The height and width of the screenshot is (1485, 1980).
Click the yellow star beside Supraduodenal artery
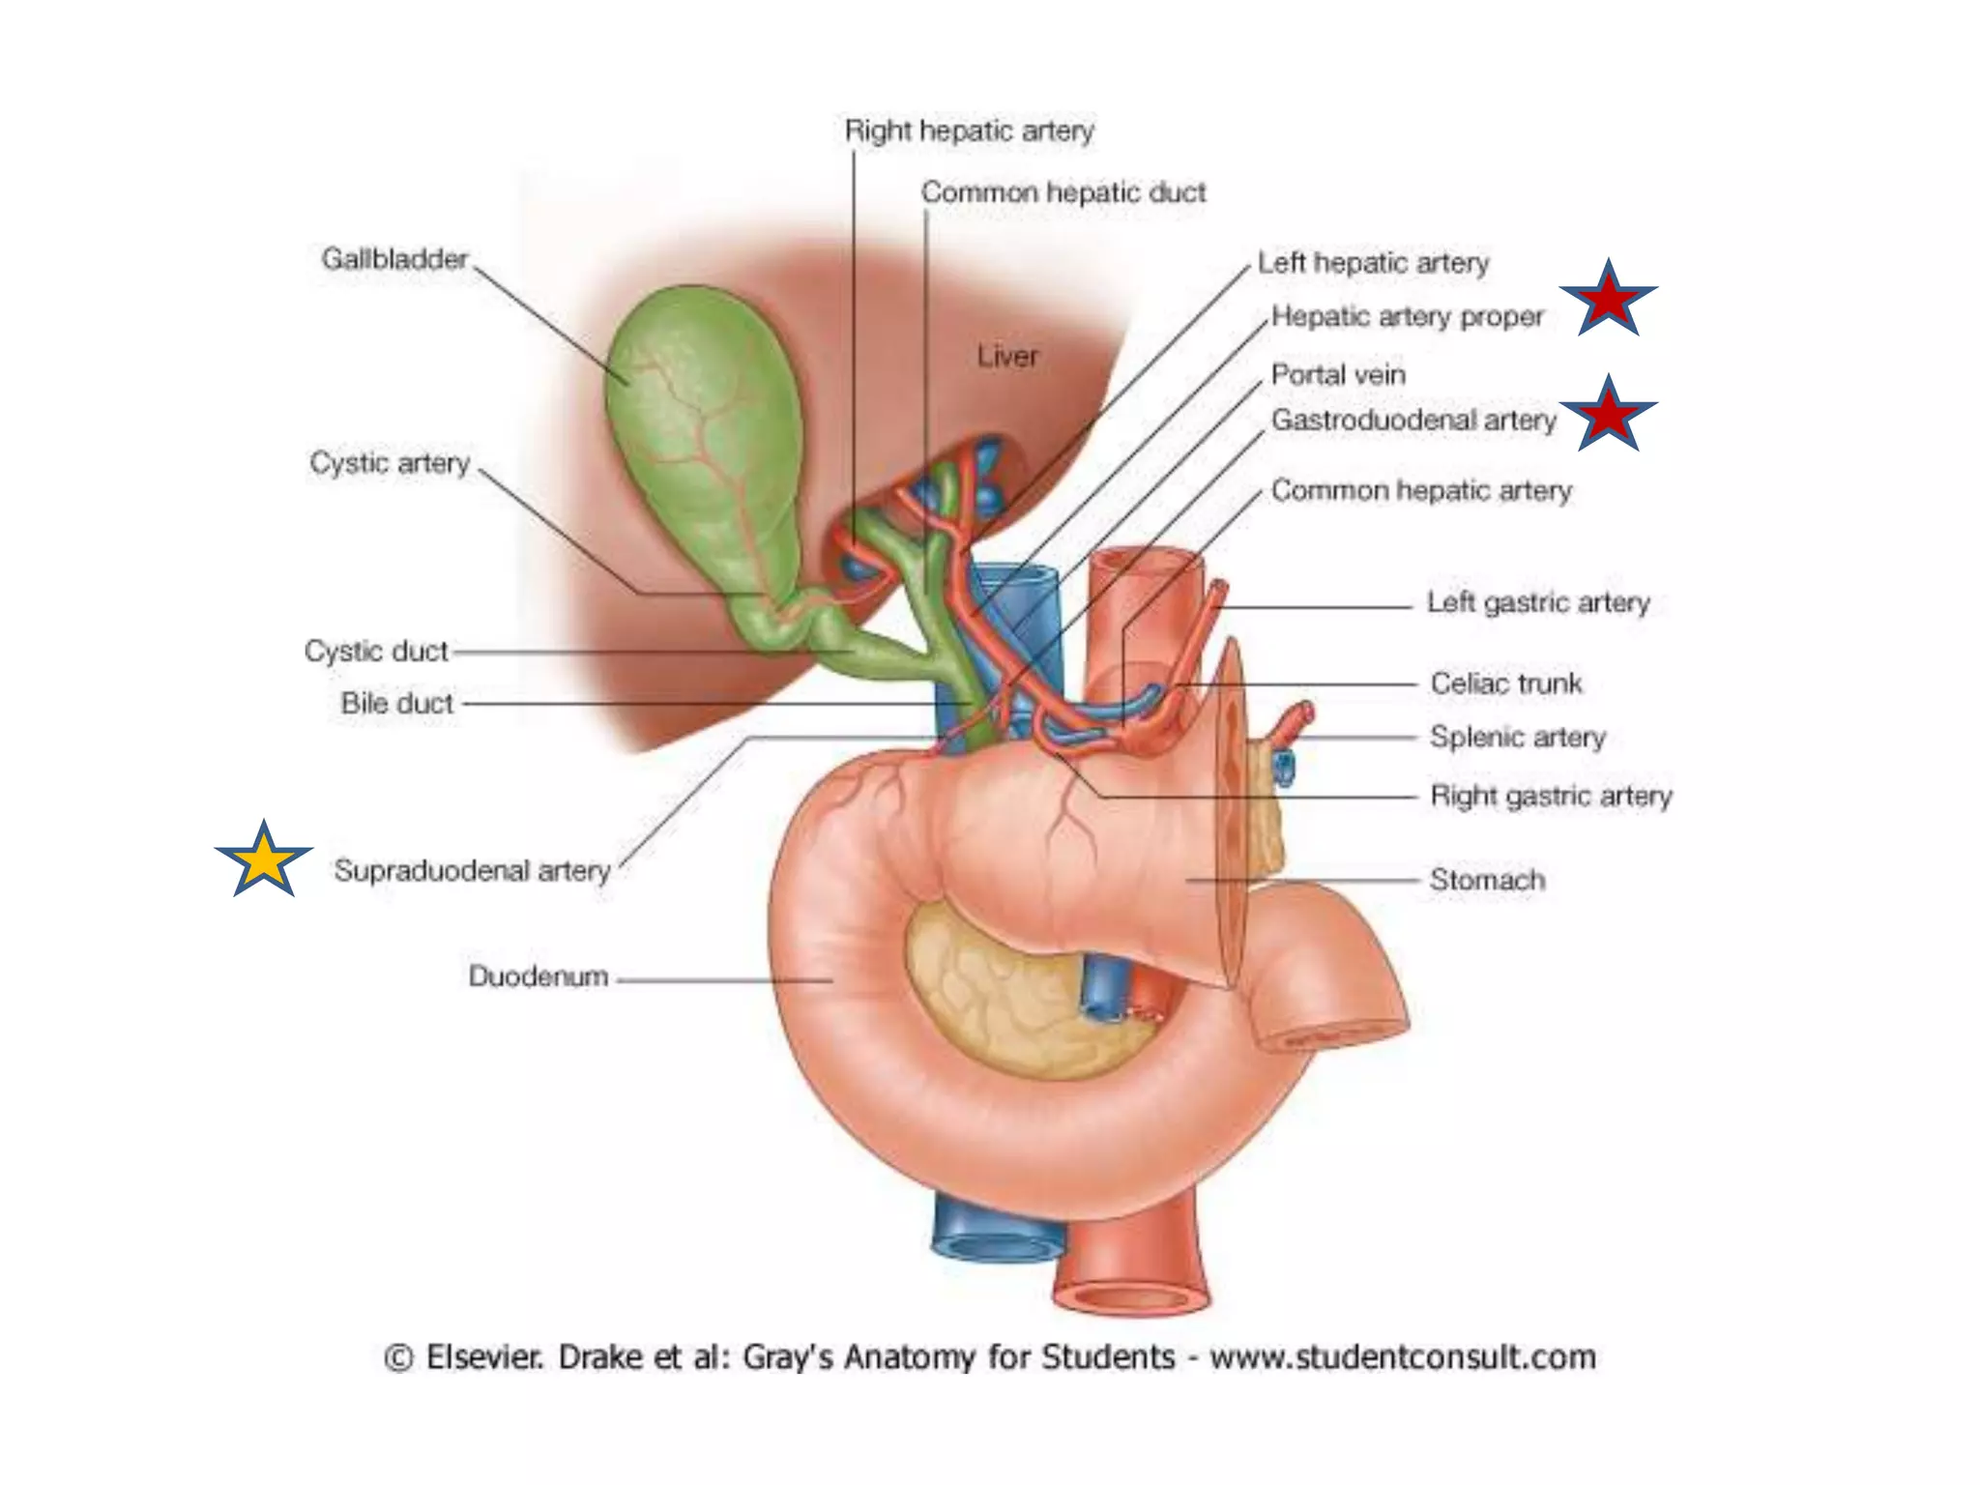(x=263, y=860)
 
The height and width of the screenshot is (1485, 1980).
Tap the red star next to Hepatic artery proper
(x=1608, y=300)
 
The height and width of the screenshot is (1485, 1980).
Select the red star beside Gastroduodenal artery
(x=1608, y=415)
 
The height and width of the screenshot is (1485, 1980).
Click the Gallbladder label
(x=394, y=259)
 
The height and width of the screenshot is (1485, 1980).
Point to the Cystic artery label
(x=390, y=463)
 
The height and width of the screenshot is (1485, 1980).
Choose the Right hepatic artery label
(x=969, y=131)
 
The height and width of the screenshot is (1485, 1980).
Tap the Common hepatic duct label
(x=1063, y=192)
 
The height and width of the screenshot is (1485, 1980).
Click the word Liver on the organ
(x=1007, y=357)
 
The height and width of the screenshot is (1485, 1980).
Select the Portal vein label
(x=1338, y=375)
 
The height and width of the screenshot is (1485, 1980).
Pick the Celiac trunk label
(x=1506, y=684)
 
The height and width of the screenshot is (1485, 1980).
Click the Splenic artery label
(x=1517, y=738)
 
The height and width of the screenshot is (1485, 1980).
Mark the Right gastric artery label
(x=1551, y=797)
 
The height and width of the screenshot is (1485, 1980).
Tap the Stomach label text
(x=1487, y=881)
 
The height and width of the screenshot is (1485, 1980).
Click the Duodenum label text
(x=539, y=976)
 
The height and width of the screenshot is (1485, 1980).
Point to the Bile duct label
(x=397, y=704)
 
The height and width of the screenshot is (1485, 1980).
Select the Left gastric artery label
(x=1538, y=603)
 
